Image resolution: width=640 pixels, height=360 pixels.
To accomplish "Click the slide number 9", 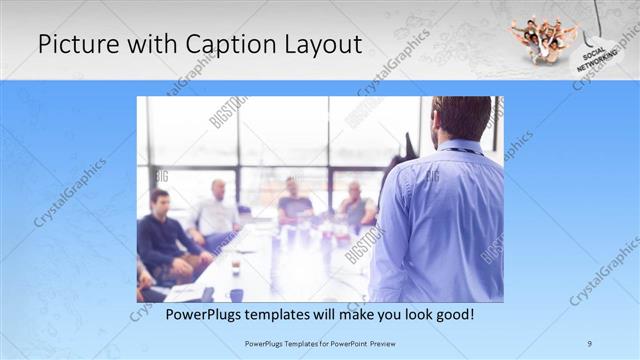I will [590, 343].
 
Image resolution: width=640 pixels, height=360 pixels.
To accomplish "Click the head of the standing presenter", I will [461, 117].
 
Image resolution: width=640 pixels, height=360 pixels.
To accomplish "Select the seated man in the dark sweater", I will [162, 240].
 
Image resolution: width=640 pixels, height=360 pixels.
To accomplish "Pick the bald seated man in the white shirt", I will [216, 210].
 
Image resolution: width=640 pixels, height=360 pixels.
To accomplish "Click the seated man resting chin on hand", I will [355, 205].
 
